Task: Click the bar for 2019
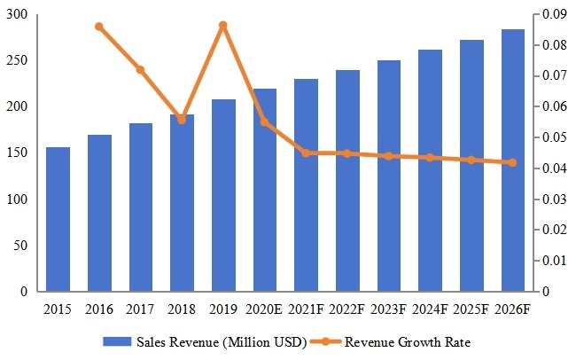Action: (x=223, y=195)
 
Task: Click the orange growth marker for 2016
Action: (x=99, y=27)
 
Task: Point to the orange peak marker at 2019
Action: (x=223, y=25)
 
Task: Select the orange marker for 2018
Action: (x=182, y=119)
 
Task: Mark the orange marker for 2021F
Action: (x=306, y=153)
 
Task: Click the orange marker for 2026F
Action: (x=513, y=162)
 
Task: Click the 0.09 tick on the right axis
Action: (x=552, y=15)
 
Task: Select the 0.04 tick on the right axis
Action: (x=552, y=168)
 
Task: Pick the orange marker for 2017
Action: (x=140, y=69)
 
